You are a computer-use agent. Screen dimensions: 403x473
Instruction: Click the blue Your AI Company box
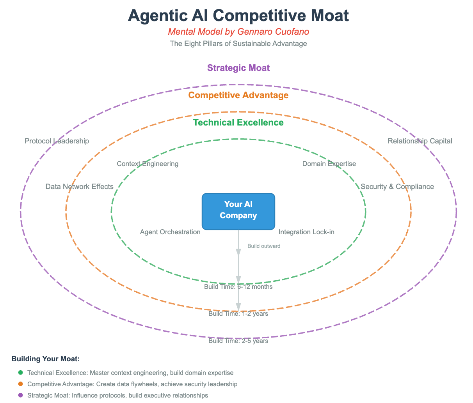(x=238, y=211)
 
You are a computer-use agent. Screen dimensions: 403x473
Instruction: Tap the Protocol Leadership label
(x=57, y=141)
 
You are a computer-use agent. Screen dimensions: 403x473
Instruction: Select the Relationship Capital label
(x=420, y=141)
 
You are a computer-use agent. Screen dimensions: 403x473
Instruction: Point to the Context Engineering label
(x=148, y=164)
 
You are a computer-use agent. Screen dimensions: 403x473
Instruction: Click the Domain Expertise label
(x=329, y=164)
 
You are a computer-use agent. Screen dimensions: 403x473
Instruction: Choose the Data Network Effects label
(x=79, y=187)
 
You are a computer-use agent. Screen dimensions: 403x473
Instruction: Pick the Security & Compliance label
(x=397, y=187)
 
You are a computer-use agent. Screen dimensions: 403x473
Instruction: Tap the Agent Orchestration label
(x=170, y=232)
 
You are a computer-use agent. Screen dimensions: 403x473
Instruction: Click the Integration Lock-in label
(x=306, y=232)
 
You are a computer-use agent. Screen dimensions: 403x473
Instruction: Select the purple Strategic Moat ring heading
(x=238, y=68)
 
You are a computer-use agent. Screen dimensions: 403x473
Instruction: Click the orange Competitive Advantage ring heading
(x=238, y=95)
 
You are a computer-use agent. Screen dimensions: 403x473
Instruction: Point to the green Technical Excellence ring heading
(x=238, y=122)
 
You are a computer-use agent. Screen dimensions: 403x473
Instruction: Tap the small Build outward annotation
(x=264, y=246)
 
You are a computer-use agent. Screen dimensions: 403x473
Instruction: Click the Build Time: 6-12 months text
(x=238, y=287)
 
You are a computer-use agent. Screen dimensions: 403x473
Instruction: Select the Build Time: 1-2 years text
(x=238, y=313)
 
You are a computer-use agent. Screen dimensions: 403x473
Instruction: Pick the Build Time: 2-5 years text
(x=238, y=341)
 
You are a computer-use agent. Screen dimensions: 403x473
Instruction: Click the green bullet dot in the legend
(x=20, y=373)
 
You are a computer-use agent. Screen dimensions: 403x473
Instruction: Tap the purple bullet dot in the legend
(x=20, y=395)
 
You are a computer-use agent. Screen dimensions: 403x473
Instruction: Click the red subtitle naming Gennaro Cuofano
(x=238, y=31)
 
